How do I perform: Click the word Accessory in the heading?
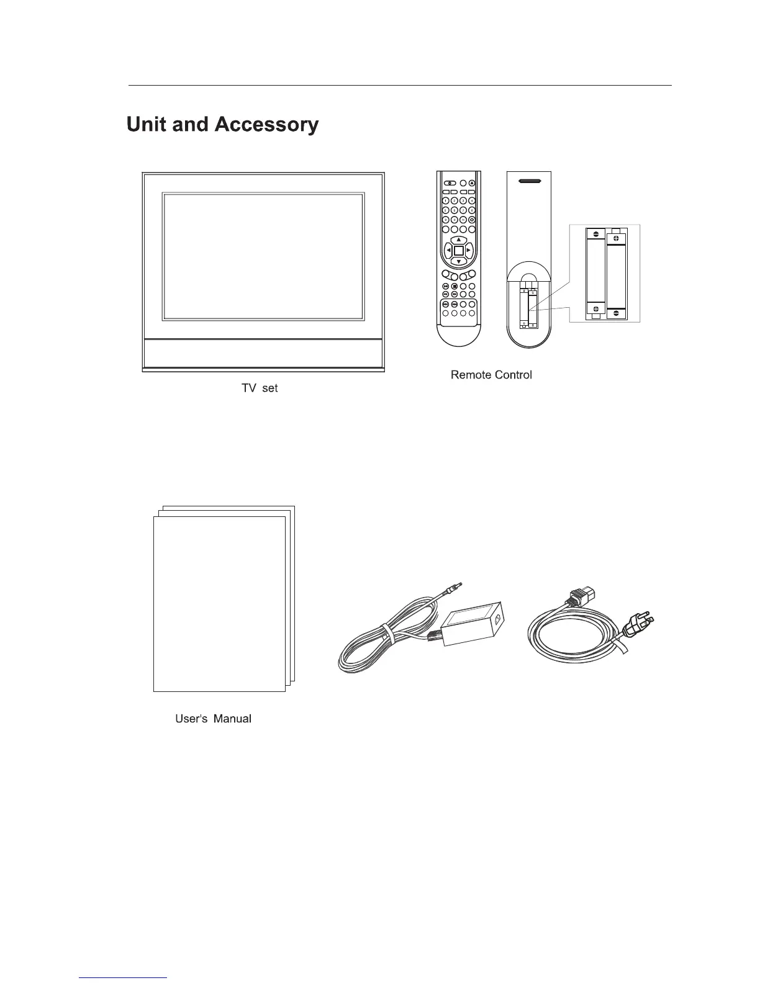tap(266, 125)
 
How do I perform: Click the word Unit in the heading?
tap(147, 125)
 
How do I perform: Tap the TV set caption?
tap(260, 388)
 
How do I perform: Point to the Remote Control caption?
tap(491, 375)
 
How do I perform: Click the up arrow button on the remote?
tap(458, 240)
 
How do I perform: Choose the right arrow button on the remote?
tap(469, 251)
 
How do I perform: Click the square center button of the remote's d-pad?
tap(458, 251)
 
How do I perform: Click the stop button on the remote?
tap(455, 286)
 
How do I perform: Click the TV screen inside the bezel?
tap(263, 256)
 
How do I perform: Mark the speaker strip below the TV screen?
tap(263, 353)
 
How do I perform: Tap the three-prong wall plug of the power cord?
tap(638, 625)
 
